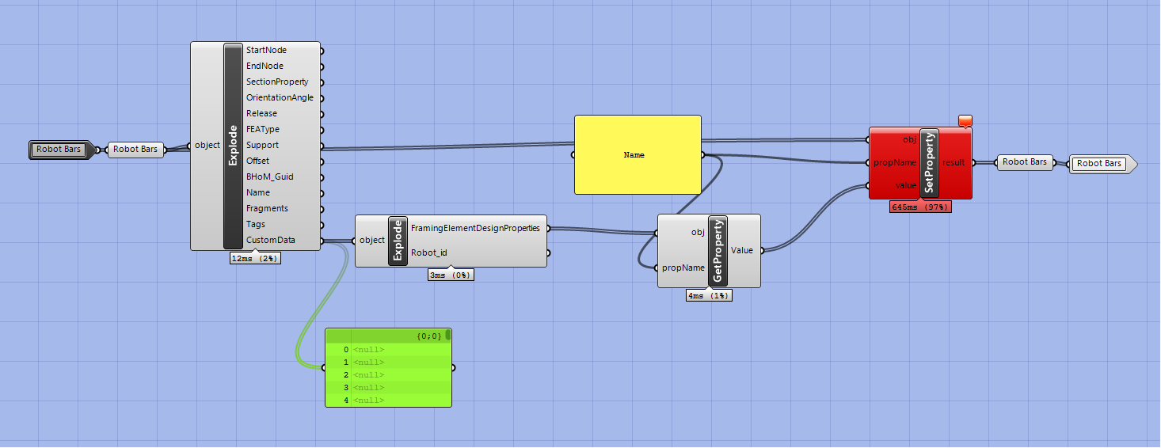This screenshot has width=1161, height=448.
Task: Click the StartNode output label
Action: (266, 50)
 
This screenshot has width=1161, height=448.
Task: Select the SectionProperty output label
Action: (276, 82)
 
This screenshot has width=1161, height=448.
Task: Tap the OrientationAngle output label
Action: (280, 97)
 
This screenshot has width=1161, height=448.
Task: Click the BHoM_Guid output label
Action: (269, 177)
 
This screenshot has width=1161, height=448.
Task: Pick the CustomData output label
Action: (270, 240)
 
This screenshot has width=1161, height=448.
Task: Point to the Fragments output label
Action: (267, 208)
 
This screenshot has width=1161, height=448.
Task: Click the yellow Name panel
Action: (638, 155)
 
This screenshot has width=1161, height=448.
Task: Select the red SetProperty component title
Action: (929, 163)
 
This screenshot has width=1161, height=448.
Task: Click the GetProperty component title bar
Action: (718, 251)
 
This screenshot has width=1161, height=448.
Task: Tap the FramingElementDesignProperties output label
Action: (475, 228)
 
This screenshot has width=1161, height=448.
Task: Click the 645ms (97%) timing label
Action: (920, 207)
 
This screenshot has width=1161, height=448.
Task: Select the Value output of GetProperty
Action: (742, 250)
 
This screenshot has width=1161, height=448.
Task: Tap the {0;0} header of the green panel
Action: (428, 336)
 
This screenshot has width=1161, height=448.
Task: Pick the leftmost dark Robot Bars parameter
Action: (60, 149)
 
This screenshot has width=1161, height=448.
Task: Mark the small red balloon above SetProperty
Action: (965, 120)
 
